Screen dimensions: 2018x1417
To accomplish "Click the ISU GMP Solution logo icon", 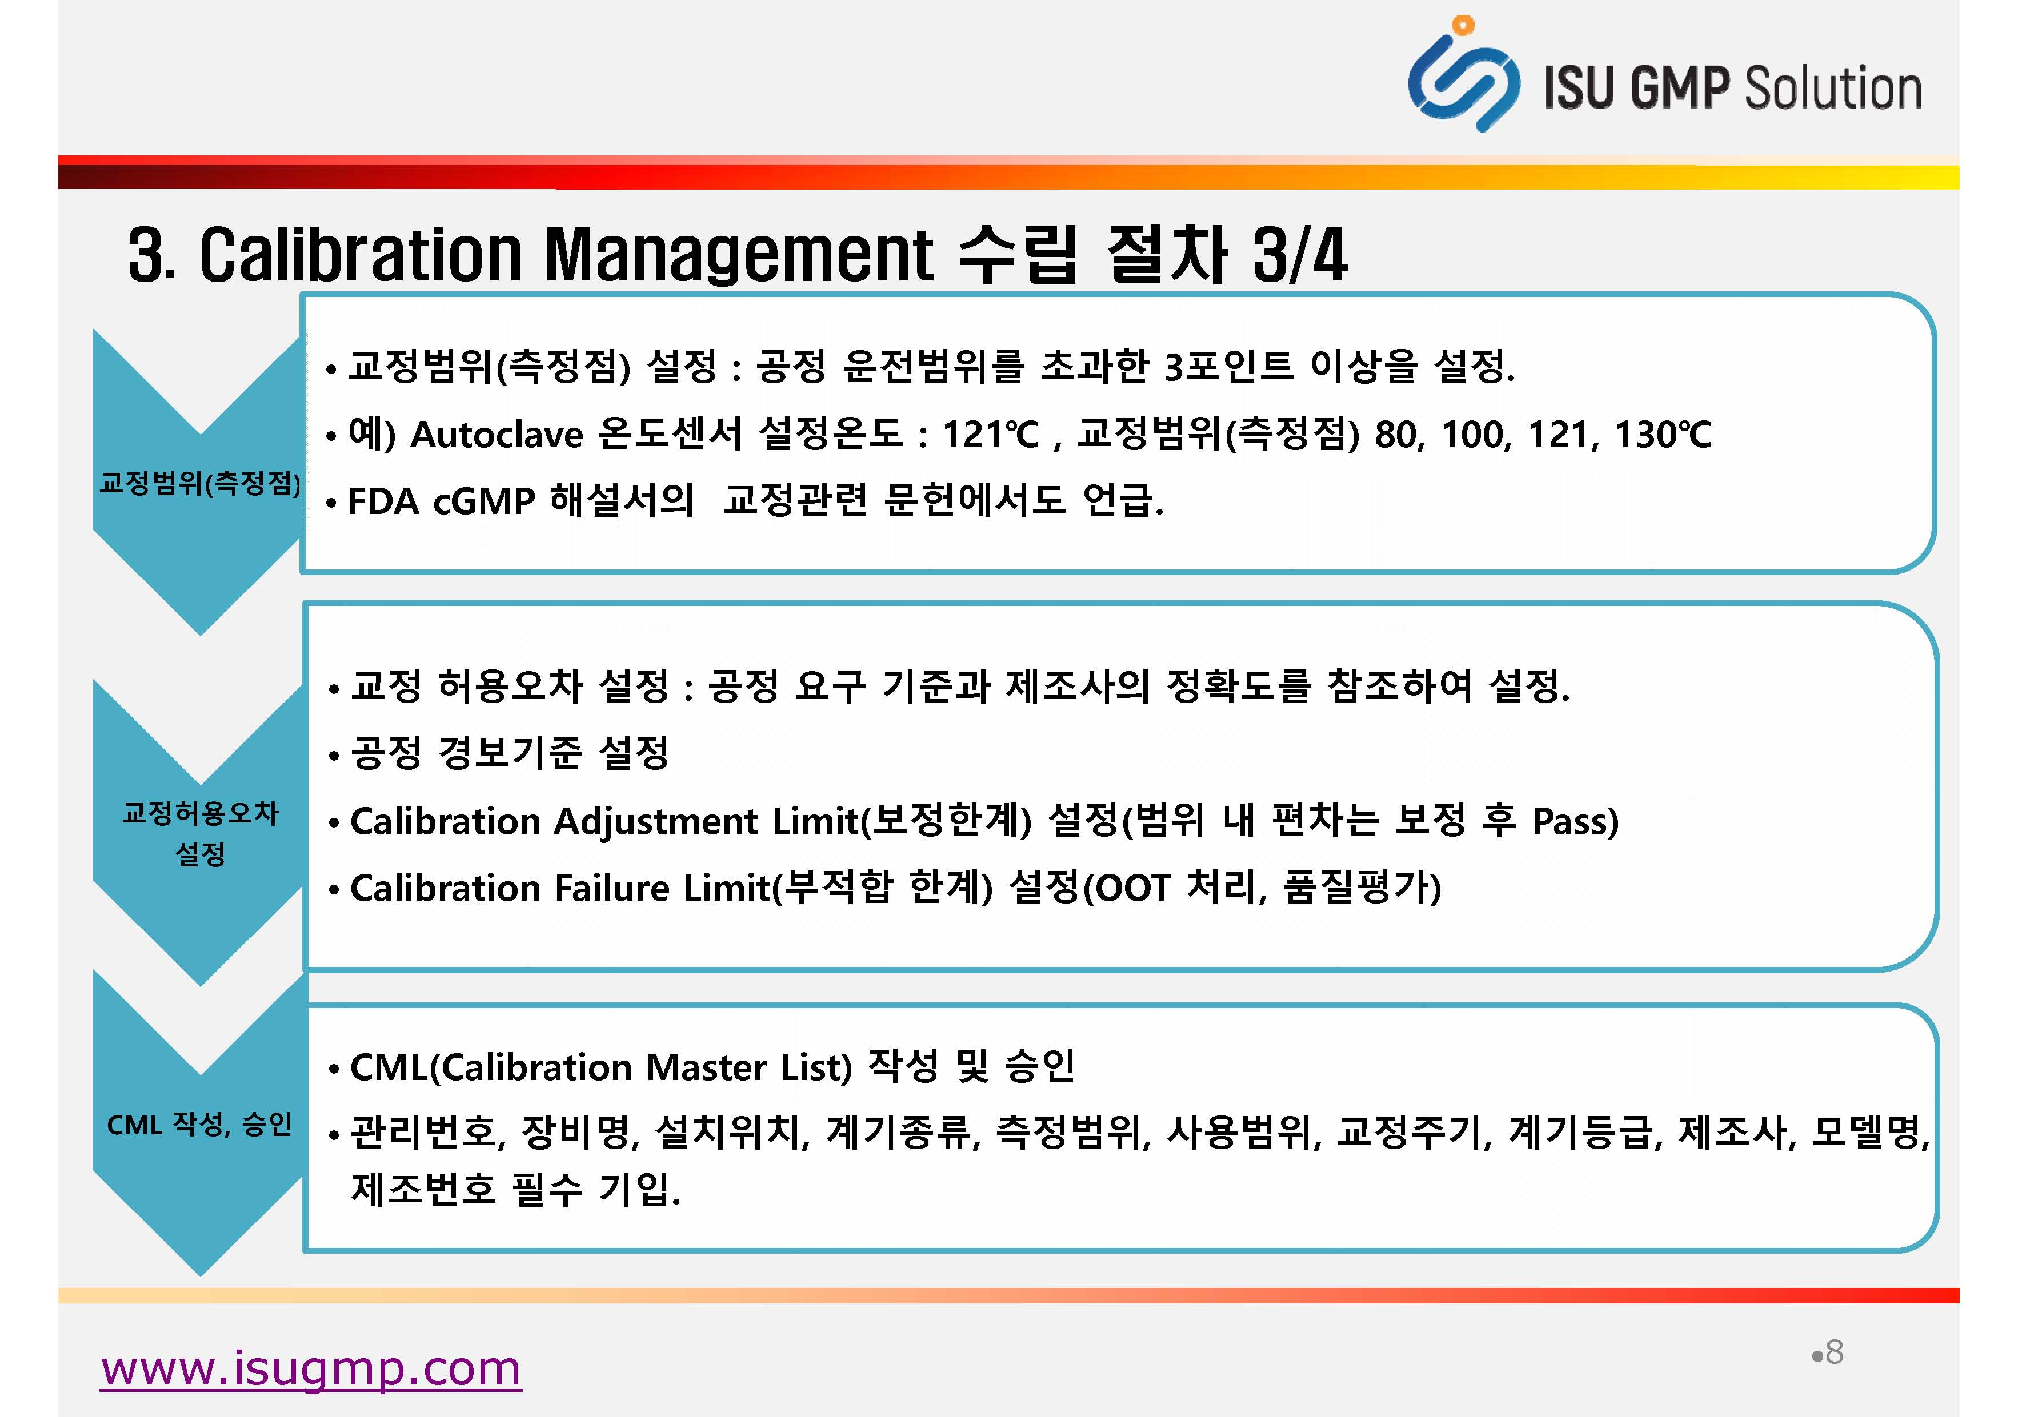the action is pyautogui.click(x=1463, y=75).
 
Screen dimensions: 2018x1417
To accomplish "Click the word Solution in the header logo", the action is pyautogui.click(x=1832, y=88).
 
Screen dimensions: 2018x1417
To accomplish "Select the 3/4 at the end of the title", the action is pyautogui.click(x=1300, y=255).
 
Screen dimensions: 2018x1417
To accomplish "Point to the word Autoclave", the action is pyautogui.click(x=497, y=434).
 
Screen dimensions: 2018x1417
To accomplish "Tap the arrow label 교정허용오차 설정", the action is pyautogui.click(x=201, y=833).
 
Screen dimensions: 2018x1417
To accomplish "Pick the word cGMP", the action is pyautogui.click(x=485, y=501).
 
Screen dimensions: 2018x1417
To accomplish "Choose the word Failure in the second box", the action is pyautogui.click(x=612, y=888).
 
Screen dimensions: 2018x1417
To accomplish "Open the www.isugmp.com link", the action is pyautogui.click(x=311, y=1368).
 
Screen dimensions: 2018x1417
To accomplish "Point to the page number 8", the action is pyautogui.click(x=1834, y=1353).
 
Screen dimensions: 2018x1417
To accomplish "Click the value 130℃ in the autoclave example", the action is pyautogui.click(x=1664, y=434).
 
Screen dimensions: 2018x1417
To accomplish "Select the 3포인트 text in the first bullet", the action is pyautogui.click(x=1229, y=366).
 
